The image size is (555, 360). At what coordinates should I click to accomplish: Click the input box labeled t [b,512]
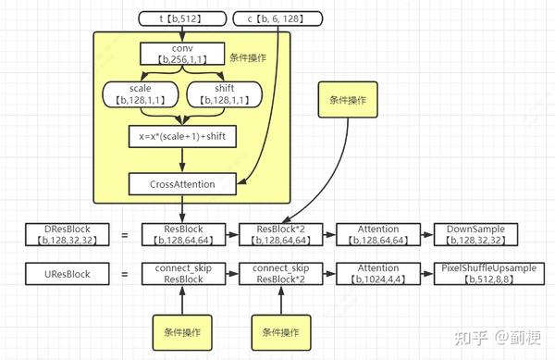181,18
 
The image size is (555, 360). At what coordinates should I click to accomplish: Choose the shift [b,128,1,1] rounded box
223,93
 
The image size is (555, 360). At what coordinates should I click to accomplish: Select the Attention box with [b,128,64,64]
374,235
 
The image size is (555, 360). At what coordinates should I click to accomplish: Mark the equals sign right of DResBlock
125,236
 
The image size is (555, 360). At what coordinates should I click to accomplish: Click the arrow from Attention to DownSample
421,235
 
